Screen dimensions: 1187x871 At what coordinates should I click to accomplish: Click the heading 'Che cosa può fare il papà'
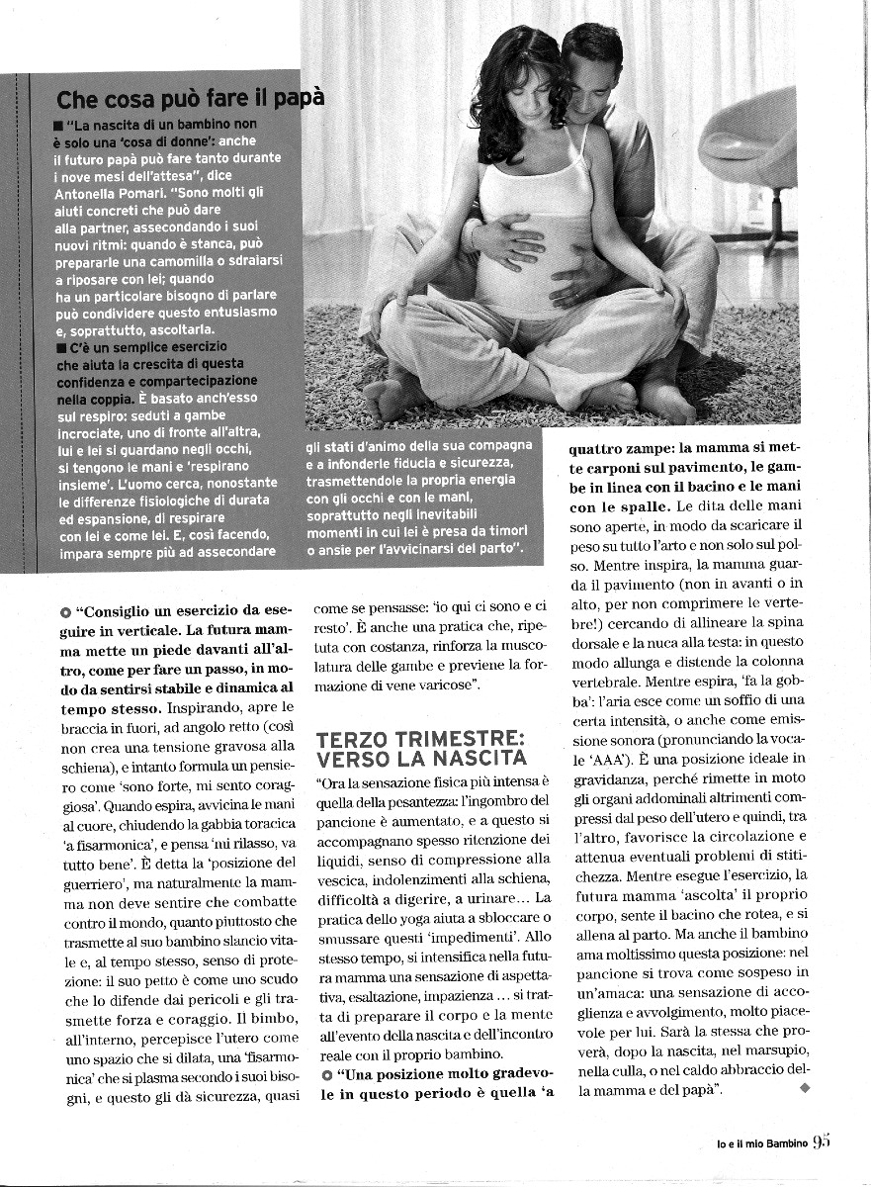click(190, 99)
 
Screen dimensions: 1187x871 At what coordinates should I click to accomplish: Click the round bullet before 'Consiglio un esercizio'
click(64, 612)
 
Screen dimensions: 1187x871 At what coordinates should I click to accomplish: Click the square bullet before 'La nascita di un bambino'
click(61, 126)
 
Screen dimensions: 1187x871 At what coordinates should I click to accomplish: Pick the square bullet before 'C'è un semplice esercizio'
click(61, 347)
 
